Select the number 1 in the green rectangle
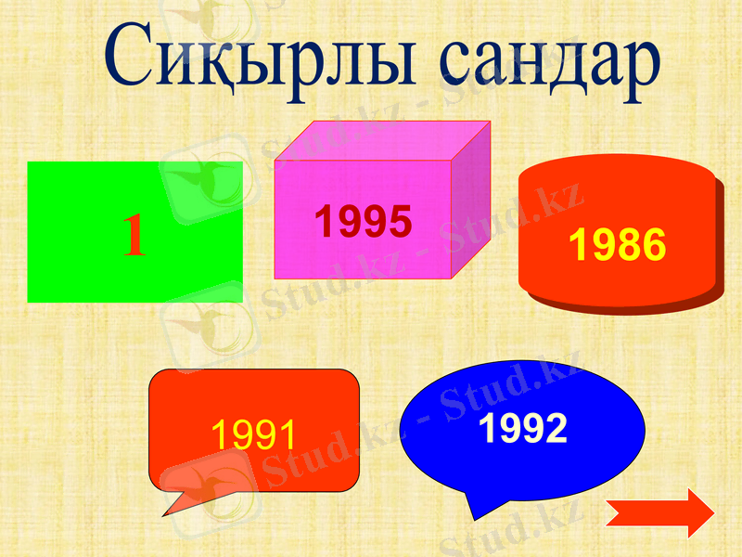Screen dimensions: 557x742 pyautogui.click(x=135, y=235)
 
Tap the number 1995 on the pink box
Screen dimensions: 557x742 pyautogui.click(x=363, y=221)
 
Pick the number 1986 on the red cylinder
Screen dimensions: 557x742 pyautogui.click(x=617, y=244)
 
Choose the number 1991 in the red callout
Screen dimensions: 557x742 pyautogui.click(x=254, y=434)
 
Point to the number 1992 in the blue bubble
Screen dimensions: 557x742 pyautogui.click(x=523, y=428)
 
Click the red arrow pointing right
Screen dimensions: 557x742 pyautogui.click(x=659, y=513)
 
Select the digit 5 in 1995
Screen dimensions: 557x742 pyautogui.click(x=399, y=221)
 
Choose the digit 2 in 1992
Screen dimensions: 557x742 pyautogui.click(x=554, y=428)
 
